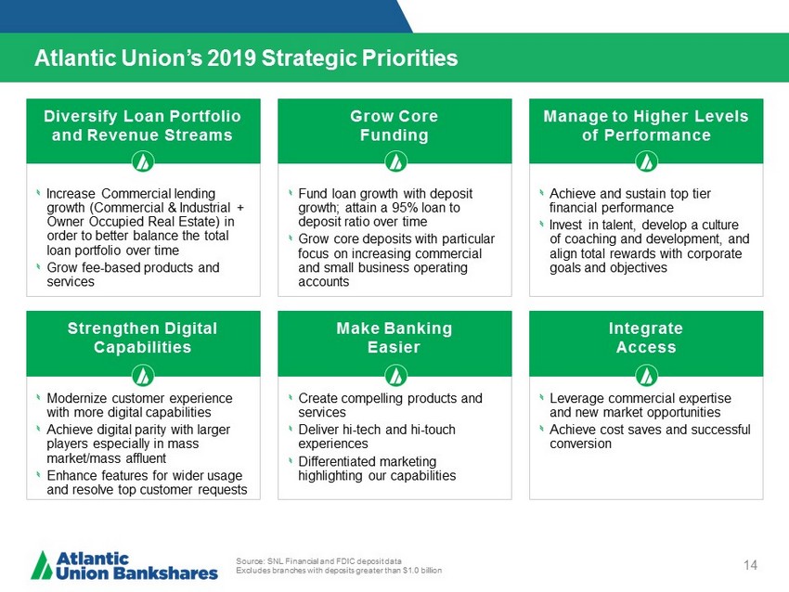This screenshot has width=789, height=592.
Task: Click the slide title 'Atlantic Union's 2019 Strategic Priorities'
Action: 246,58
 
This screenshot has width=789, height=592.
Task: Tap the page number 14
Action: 750,565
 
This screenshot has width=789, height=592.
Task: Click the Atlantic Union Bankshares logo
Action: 124,566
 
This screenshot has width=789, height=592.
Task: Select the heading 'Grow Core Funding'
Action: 394,126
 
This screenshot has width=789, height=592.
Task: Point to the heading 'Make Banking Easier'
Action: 394,338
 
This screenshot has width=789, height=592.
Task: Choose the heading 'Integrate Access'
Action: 646,338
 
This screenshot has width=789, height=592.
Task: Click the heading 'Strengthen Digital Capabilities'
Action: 142,338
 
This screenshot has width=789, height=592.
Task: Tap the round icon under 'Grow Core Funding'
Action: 395,162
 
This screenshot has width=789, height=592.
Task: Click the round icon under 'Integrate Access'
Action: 647,375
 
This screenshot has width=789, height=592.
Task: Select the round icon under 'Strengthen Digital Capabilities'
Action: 143,375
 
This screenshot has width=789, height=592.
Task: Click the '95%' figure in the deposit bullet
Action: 406,208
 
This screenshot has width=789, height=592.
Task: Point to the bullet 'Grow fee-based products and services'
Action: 133,274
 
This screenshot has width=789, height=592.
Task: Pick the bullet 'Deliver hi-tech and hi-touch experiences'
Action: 376,437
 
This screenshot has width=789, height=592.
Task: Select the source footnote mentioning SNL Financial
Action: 339,566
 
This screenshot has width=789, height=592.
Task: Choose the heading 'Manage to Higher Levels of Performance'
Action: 646,126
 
